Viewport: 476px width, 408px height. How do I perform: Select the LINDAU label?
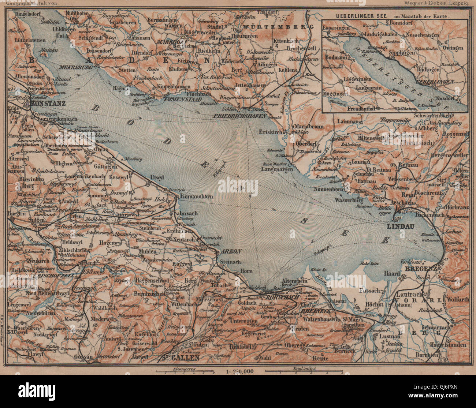pos(401,226)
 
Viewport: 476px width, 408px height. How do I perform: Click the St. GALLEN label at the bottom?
pos(182,358)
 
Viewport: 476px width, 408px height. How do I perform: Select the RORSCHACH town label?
pos(282,297)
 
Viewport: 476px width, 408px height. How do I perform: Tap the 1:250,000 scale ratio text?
pos(238,371)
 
